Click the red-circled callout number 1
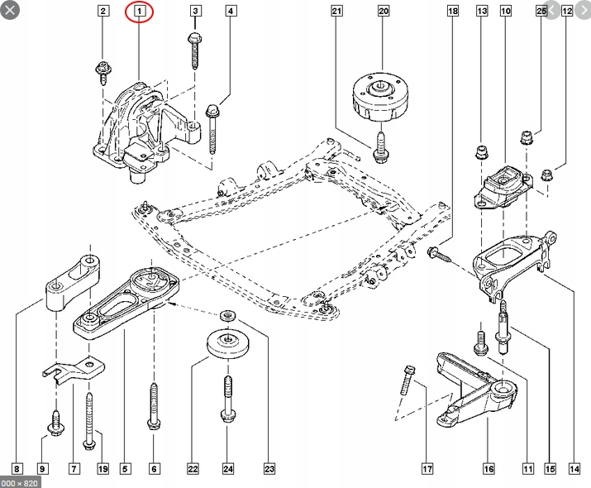tap(139, 11)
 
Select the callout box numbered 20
tap(383, 11)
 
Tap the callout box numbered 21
tap(336, 11)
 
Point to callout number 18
tap(453, 11)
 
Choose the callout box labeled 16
tap(489, 469)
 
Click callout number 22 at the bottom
tap(193, 469)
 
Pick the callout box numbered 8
tap(17, 469)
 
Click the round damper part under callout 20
tap(380, 97)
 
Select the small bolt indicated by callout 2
tap(102, 72)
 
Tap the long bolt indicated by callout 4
tap(212, 129)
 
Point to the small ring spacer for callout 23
tap(227, 315)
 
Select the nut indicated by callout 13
tap(481, 152)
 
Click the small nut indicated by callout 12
tap(546, 175)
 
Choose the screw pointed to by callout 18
tap(440, 253)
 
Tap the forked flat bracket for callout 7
tap(74, 371)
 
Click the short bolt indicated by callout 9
tap(56, 422)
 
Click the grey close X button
tap(10, 10)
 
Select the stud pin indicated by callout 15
tap(503, 327)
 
